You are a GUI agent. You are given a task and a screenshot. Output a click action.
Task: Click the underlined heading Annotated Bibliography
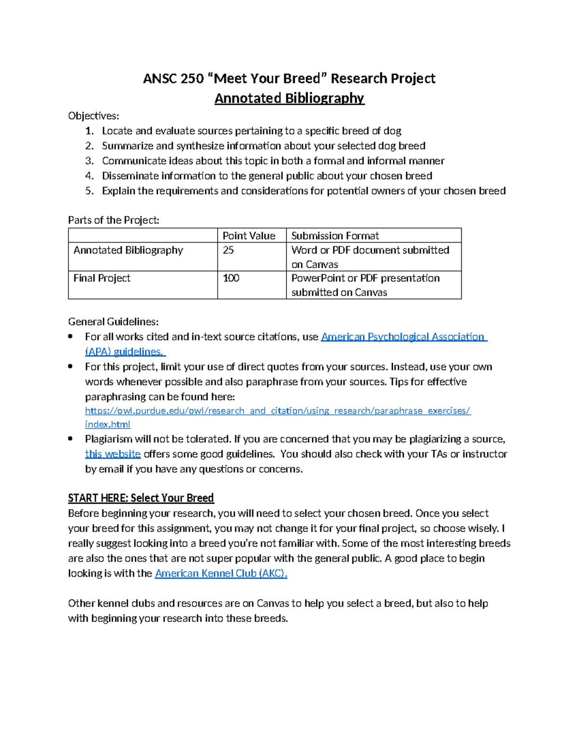pos(289,99)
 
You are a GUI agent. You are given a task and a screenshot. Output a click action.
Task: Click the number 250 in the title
pos(192,79)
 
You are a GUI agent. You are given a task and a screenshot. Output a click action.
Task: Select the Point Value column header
pos(248,236)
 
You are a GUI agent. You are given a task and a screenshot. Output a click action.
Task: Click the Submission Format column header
pos(335,236)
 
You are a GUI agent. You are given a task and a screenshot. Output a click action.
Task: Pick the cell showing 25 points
pos(228,250)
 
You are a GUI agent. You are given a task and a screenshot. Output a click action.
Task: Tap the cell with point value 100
pos(231,278)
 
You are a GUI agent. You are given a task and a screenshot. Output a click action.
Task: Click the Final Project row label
pos(102,278)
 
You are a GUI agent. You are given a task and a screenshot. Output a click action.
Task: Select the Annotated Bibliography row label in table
pos(128,250)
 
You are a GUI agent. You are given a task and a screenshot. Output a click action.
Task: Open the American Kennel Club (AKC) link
pos(221,574)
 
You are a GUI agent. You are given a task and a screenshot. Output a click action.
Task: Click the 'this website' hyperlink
pos(112,454)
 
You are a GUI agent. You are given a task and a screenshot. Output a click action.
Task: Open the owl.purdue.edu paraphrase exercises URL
pos(277,411)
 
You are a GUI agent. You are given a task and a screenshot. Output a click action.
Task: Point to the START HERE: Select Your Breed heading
pos(141,498)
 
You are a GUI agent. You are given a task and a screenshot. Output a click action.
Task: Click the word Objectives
pos(93,116)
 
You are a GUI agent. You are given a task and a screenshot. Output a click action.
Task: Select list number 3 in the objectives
pos(89,161)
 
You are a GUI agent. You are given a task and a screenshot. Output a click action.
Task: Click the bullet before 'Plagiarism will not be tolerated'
pos(71,439)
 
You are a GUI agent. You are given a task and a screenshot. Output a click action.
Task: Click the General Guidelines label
pos(113,322)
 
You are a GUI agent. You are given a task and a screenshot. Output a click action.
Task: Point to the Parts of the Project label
pos(113,220)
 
